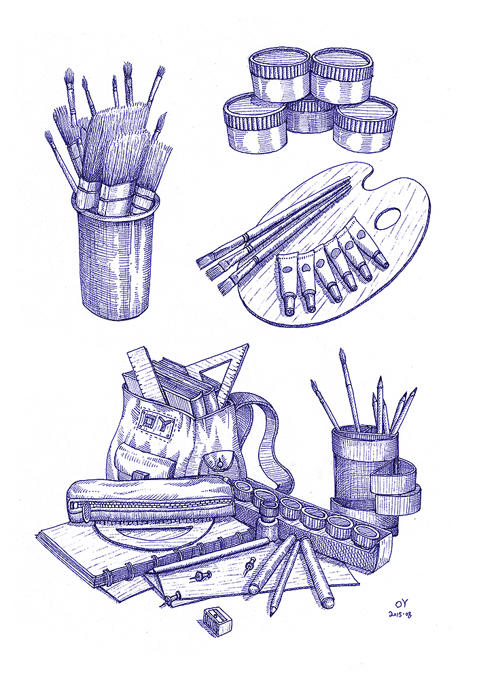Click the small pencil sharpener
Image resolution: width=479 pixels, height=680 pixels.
pos(217,621)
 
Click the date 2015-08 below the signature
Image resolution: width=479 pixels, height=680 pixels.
pos(400,615)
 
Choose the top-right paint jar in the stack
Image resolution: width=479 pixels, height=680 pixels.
pos(342,75)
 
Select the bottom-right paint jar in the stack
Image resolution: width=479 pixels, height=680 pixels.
pos(365,124)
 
